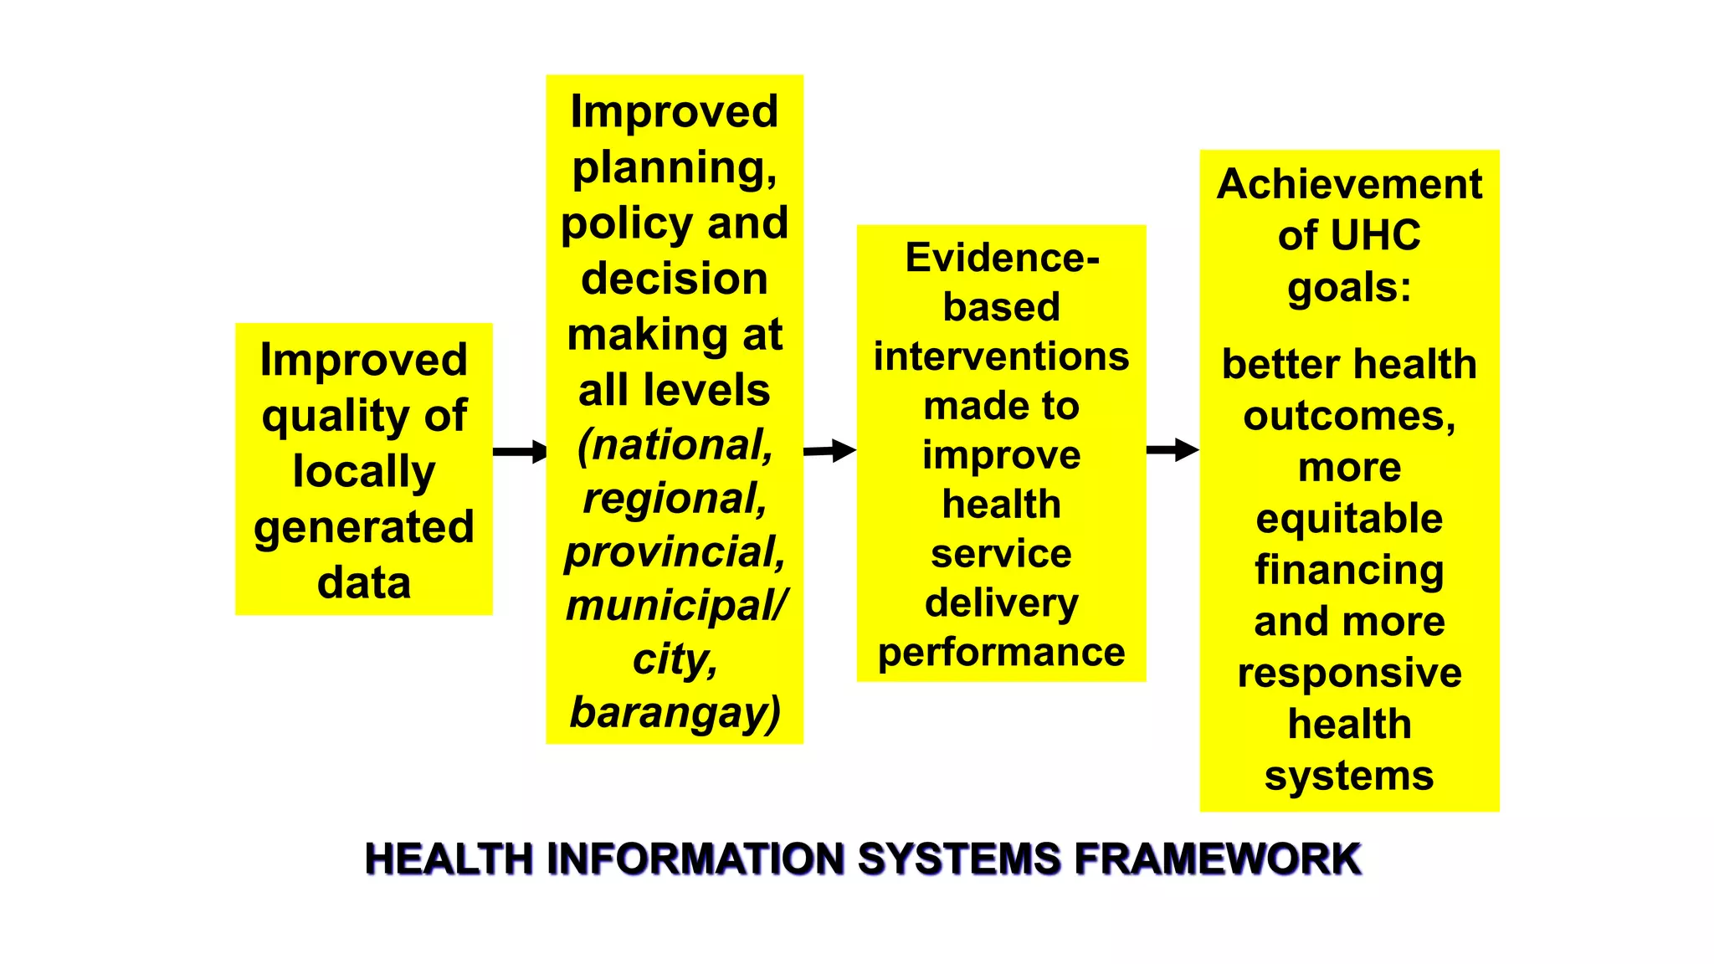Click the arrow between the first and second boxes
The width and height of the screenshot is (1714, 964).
pos(520,452)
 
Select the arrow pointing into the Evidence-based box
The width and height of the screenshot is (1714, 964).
pos(829,451)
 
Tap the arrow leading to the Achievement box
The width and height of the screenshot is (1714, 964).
pos(1173,449)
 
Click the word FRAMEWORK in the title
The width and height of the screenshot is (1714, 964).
pos(1218,859)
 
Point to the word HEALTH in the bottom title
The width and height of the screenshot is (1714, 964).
pos(449,859)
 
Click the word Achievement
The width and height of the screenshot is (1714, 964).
pos(1349,184)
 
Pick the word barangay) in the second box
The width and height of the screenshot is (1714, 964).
pos(675,713)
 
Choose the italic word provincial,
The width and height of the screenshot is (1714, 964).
pos(675,552)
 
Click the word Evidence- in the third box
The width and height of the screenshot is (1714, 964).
pos(1002,258)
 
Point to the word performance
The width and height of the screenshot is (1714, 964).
pos(1002,652)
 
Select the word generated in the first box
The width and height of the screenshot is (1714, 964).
pos(364,528)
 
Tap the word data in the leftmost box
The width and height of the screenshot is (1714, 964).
pos(364,582)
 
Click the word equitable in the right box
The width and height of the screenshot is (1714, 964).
pos(1349,519)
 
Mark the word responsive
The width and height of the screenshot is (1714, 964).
pos(1349,673)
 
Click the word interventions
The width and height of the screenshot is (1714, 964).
pos(1002,356)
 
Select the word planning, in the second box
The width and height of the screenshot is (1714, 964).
pos(675,167)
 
